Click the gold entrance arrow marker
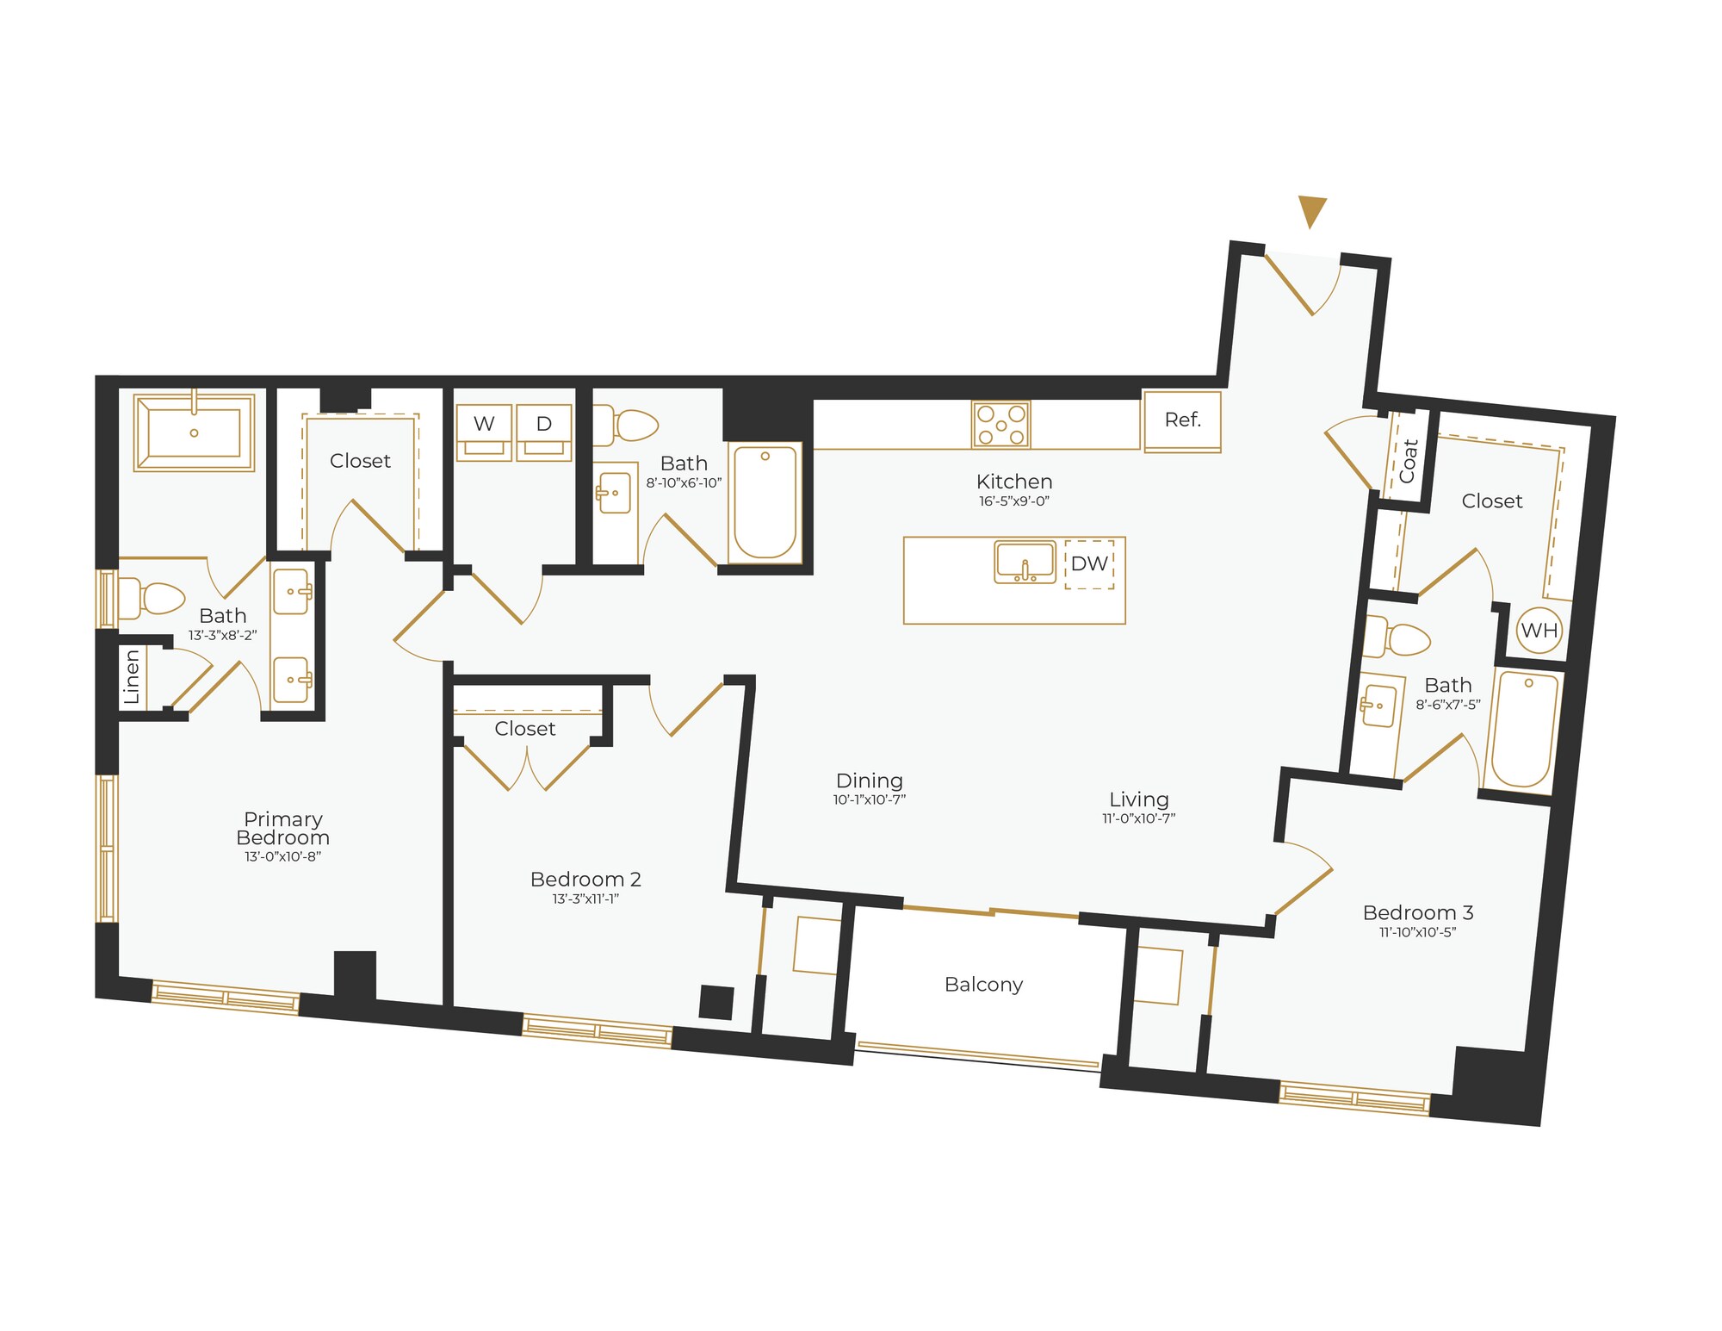pos(1311,211)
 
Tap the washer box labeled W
pos(484,432)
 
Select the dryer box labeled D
pos(544,432)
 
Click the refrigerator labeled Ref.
pos(1182,420)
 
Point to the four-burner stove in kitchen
pos(1000,425)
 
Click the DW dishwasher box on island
pos(1089,564)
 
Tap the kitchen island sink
pos(1025,563)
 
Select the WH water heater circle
pos(1539,630)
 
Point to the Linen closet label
pos(132,677)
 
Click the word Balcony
pos(983,985)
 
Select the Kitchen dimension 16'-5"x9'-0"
pos(1014,501)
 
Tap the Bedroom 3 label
pos(1418,912)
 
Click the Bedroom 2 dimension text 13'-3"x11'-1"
pos(585,899)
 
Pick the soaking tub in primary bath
pos(194,432)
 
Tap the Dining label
pos(870,781)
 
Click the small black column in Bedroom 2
pos(715,1002)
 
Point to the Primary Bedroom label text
pos(282,828)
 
